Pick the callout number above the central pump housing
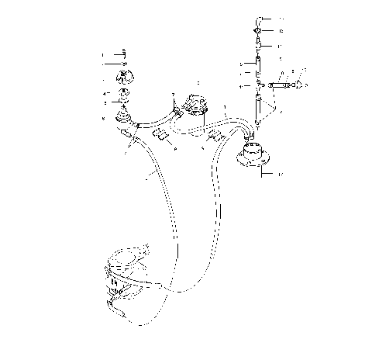[x=198, y=81]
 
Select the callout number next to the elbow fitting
[x=282, y=18]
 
